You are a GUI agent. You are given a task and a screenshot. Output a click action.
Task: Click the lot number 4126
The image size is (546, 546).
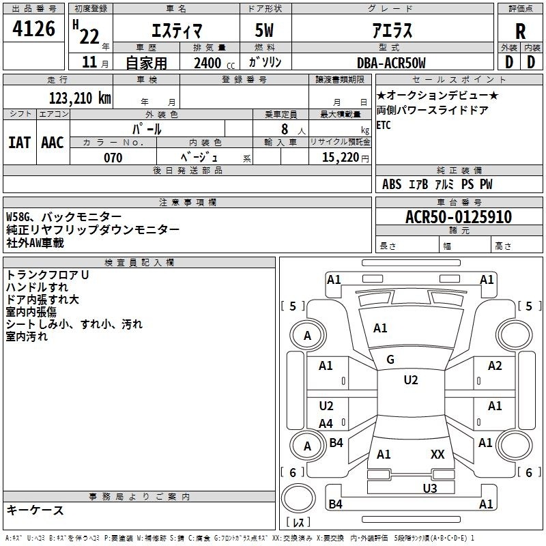pos(34,29)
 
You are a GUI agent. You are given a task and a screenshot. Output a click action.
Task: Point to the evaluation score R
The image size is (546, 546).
pos(521,31)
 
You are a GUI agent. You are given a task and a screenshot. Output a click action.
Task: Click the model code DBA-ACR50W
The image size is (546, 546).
pos(391,63)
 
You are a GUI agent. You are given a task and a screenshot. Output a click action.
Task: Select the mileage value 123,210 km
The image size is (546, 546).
pos(80,98)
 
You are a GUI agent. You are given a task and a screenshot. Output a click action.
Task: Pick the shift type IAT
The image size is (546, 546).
pos(19,143)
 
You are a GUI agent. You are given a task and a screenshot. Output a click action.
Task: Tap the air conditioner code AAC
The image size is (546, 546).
pos(53,143)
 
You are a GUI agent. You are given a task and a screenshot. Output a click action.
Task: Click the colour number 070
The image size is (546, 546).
pos(113,158)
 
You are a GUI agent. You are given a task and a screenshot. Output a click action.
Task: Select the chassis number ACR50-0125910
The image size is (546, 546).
pos(458,217)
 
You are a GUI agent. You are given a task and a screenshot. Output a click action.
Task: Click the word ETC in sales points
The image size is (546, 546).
pos(384,125)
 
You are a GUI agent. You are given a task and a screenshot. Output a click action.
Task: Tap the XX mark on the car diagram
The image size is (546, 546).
pos(437,454)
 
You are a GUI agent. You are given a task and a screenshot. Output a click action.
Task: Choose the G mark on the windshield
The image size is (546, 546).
pos(390,360)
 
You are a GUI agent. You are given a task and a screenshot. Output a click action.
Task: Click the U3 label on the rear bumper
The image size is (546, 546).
pos(429,488)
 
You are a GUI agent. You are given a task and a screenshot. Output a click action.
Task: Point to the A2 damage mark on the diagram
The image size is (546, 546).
pos(495,366)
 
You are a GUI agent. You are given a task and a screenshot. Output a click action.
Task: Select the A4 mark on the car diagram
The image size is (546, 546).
pos(326,423)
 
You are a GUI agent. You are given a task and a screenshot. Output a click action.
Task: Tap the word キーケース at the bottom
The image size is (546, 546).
pos(35,511)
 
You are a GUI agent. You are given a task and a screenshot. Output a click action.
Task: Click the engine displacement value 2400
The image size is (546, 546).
pos(207,63)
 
